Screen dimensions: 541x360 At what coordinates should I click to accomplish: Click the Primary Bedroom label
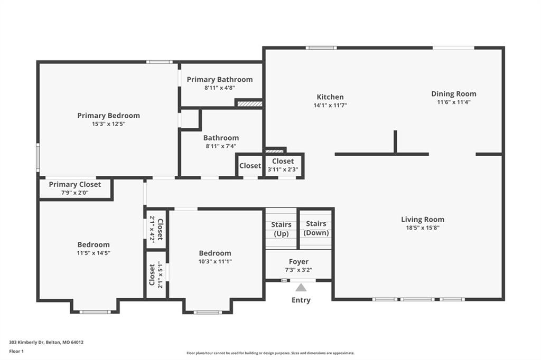[x=108, y=116]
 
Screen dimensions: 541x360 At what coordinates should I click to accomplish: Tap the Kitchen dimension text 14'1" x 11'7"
[x=330, y=105]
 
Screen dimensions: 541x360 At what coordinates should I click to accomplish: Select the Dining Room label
[x=454, y=94]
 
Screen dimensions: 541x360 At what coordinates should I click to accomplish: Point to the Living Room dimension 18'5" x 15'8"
[x=423, y=228]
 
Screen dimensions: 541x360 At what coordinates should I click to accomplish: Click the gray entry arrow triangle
[x=301, y=288]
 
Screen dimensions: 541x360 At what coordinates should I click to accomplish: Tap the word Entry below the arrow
[x=301, y=300]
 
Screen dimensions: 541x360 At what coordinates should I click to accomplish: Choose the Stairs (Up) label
[x=281, y=229]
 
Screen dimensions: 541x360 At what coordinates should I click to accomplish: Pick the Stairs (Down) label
[x=316, y=228]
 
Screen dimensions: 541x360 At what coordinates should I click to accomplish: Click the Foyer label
[x=299, y=262]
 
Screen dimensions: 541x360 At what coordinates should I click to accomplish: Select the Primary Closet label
[x=75, y=184]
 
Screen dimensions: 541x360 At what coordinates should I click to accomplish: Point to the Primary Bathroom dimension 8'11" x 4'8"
[x=220, y=88]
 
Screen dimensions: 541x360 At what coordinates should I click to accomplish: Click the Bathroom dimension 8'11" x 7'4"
[x=221, y=146]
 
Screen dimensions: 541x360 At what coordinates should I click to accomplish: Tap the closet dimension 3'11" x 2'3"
[x=283, y=169]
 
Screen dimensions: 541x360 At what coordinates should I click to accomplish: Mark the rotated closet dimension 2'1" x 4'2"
[x=152, y=229]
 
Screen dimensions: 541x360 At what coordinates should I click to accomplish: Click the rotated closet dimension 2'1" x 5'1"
[x=160, y=275]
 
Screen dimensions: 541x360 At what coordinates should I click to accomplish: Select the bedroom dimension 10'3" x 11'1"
[x=215, y=261]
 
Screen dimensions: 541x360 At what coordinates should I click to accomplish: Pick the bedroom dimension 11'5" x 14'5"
[x=94, y=253]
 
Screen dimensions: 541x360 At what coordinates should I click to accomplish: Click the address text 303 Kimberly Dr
[x=26, y=343]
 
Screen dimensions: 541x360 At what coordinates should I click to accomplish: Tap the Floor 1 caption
[x=16, y=352]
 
